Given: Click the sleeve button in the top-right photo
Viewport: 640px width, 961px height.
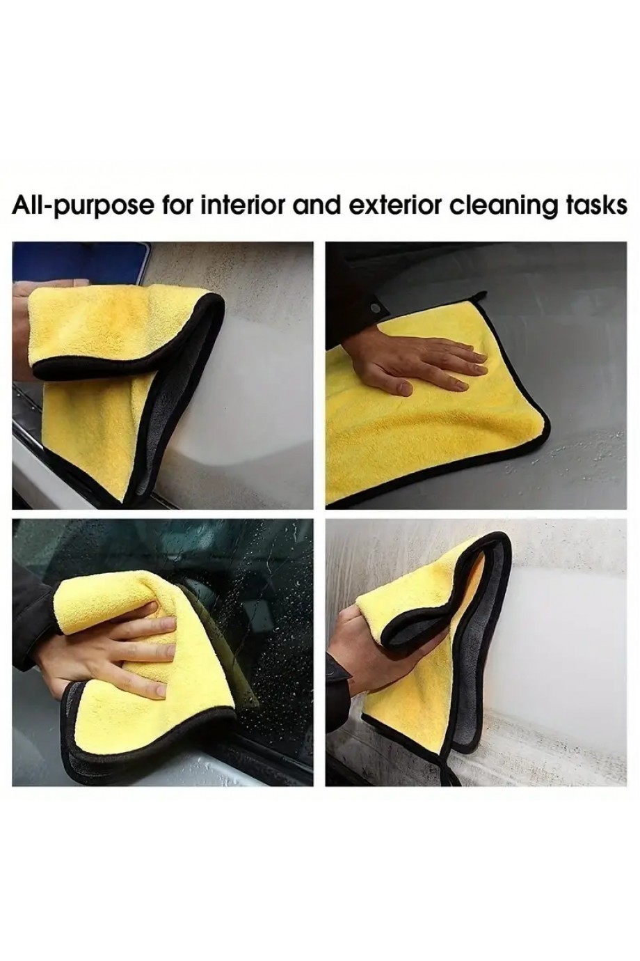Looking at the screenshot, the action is tap(376, 308).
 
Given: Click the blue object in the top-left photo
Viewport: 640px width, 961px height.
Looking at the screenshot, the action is tap(81, 263).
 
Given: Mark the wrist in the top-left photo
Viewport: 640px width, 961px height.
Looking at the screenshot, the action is tap(22, 330).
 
